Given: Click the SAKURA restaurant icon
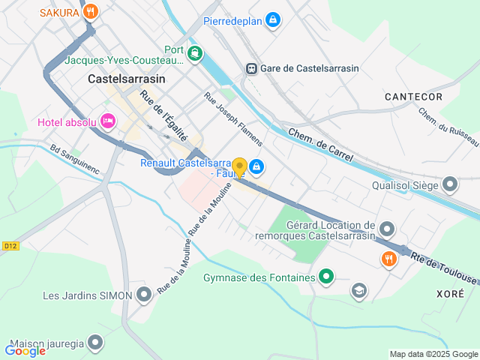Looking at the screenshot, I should click(x=91, y=11).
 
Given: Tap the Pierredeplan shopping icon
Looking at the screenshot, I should click(x=273, y=20).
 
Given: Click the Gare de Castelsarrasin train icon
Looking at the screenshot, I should click(x=251, y=68).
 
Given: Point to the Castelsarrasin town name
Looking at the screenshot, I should click(x=126, y=78).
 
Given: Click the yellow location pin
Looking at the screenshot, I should click(x=240, y=167).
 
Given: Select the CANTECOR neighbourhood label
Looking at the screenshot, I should click(x=413, y=97).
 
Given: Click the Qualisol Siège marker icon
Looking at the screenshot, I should click(x=450, y=184).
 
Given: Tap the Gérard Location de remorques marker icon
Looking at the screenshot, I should click(x=387, y=228).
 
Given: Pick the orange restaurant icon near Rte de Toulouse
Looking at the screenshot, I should click(x=388, y=259).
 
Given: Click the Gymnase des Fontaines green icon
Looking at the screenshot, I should click(x=325, y=277).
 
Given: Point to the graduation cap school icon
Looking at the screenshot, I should click(x=360, y=289).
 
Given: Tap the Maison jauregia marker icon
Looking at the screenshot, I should click(x=94, y=343).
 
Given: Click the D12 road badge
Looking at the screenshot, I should click(x=10, y=245).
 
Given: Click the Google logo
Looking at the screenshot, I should click(x=25, y=350).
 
